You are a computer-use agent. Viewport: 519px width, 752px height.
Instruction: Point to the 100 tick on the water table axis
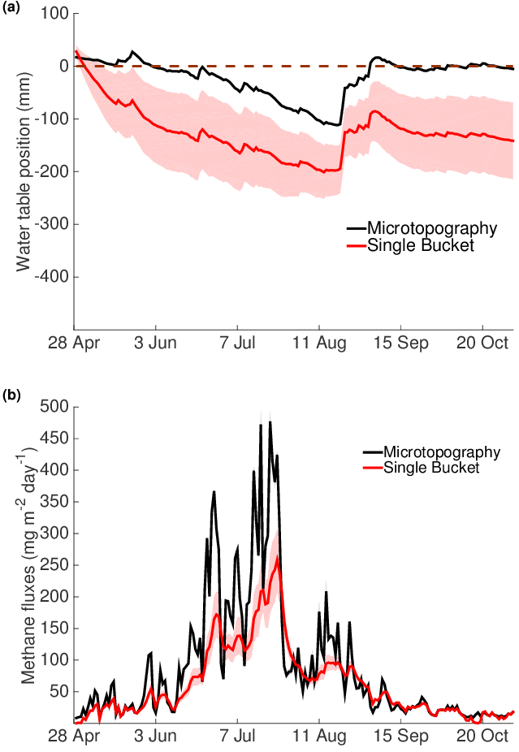(x=54, y=14)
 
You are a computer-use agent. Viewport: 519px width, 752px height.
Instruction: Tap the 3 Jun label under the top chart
(x=154, y=343)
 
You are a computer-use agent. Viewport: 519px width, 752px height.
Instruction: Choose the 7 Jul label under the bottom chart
(x=237, y=738)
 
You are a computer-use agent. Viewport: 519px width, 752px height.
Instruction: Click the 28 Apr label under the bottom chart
(x=74, y=738)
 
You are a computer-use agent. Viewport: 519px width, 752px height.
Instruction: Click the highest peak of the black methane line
(x=270, y=421)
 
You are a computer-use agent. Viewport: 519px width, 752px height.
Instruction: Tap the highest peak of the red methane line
(x=278, y=557)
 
